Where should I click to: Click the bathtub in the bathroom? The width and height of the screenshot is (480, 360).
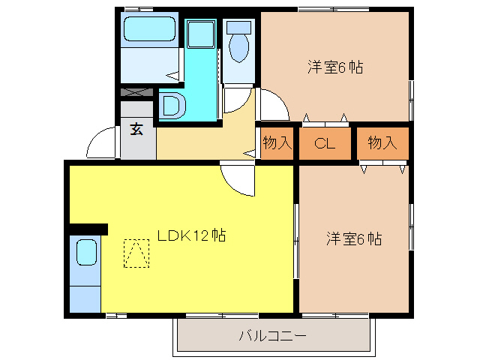coord(148,31)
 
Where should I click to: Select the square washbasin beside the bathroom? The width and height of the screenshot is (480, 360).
coord(200,35)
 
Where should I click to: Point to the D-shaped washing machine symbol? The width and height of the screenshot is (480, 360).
coord(172,105)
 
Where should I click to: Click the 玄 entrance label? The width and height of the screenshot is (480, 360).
coord(137,129)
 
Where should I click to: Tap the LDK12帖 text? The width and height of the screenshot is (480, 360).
coord(192,235)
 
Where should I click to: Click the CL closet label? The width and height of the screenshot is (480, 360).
coord(324,143)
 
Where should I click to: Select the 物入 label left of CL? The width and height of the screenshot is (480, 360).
coord(277,143)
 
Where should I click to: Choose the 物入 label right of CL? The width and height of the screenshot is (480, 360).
coord(382,143)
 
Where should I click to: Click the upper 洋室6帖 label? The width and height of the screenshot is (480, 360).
coord(334,67)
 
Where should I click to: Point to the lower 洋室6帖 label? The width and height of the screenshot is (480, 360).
coord(354,239)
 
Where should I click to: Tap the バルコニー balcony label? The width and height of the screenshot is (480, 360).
coord(272,335)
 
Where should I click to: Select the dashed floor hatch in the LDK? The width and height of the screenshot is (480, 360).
coord(136,253)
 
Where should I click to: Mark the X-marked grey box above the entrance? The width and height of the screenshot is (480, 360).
coord(137,92)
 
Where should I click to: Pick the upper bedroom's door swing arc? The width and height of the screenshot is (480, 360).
coord(271,106)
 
